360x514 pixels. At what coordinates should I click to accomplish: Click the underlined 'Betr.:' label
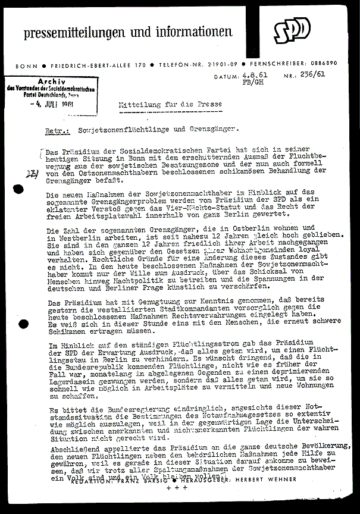pyautogui.click(x=58, y=128)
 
